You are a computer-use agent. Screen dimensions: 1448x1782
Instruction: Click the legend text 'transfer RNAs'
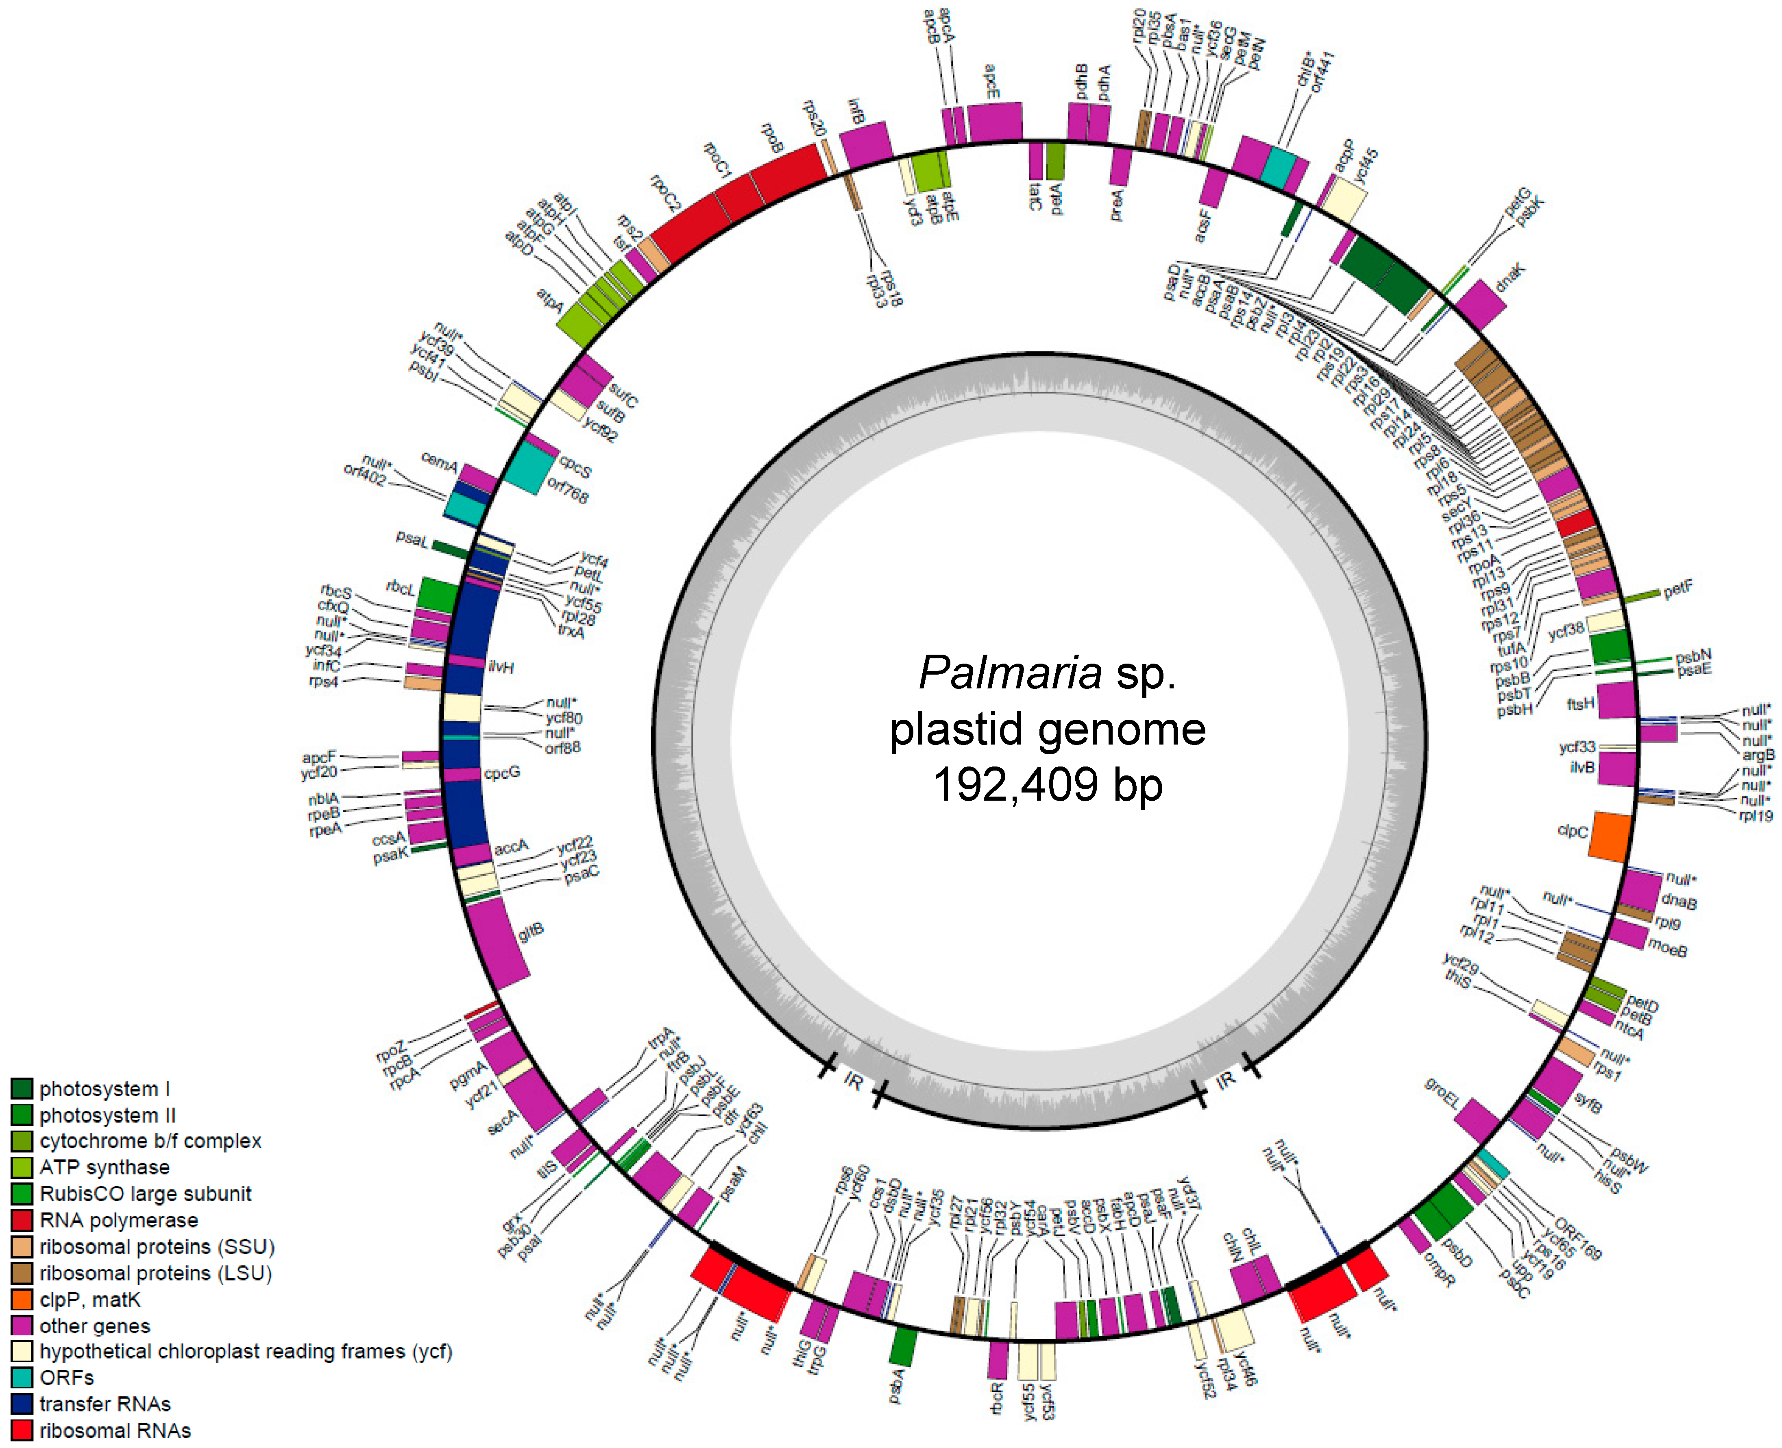tap(105, 1404)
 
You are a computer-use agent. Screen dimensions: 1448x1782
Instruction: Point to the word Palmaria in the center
tap(1009, 672)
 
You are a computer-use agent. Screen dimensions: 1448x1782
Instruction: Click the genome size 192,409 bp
tap(1047, 785)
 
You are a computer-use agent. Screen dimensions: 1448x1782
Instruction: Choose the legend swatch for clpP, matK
tap(22, 1300)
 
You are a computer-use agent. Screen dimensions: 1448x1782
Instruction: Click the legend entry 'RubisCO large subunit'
tap(145, 1193)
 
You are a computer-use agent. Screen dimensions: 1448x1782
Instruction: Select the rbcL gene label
tap(401, 588)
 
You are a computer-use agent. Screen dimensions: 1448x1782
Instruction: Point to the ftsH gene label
tap(1580, 705)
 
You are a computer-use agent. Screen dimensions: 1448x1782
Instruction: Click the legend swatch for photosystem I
tap(22, 1089)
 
